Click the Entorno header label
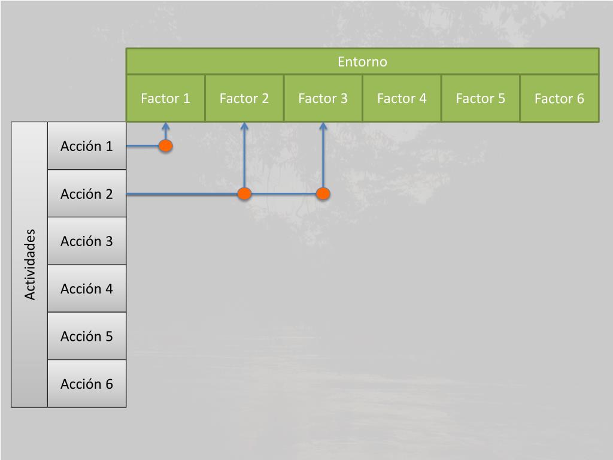[362, 62]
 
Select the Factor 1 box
[165, 98]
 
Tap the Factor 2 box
[244, 98]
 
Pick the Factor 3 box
[323, 98]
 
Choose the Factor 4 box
[402, 98]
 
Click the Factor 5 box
[480, 98]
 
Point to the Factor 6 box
[559, 98]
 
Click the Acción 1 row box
[87, 146]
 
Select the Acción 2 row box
[87, 194]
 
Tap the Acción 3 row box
[87, 241]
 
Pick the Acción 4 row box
[87, 289]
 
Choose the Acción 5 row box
[87, 336]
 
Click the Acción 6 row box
[87, 384]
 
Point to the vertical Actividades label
[30, 264]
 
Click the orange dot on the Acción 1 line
[166, 146]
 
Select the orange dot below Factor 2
[244, 193]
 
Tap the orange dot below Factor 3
[323, 193]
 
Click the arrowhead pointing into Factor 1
[166, 126]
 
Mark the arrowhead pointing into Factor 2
[244, 126]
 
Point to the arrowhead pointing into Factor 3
[323, 126]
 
